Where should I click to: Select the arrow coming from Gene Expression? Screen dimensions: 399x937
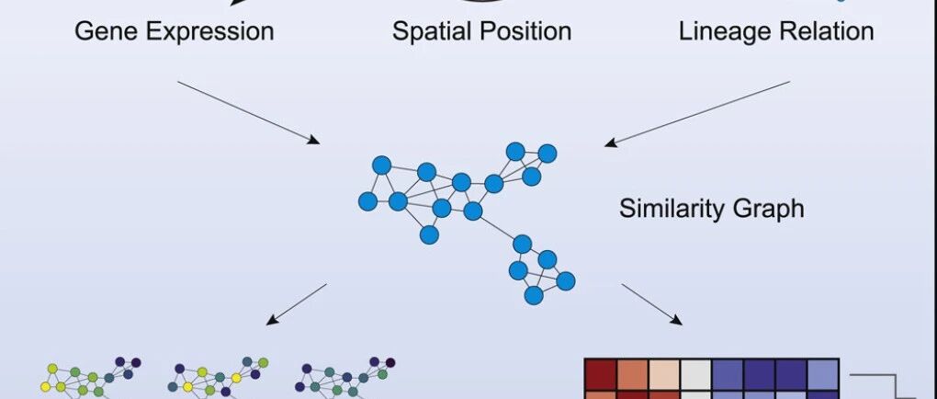click(248, 111)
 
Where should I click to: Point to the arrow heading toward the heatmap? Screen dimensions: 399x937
click(652, 304)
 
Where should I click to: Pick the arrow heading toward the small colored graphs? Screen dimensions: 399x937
click(296, 304)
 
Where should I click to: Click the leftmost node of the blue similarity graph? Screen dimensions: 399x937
click(367, 200)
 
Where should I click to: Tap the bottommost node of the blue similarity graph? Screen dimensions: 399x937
click(534, 295)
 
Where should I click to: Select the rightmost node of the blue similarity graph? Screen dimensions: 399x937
click(566, 280)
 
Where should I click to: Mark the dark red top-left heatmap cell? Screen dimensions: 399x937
click(599, 375)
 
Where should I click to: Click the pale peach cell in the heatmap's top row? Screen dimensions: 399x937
click(661, 375)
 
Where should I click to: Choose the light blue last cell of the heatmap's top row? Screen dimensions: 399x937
click(822, 375)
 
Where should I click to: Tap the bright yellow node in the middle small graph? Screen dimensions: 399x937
click(236, 378)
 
